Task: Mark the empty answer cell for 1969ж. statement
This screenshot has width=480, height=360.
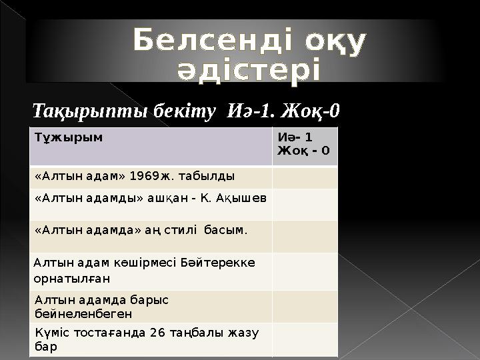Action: point(305,177)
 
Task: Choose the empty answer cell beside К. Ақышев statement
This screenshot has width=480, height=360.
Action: point(305,204)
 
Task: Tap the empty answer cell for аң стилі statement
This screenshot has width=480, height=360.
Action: point(305,236)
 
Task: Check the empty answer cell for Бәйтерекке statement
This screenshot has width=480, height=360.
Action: point(305,270)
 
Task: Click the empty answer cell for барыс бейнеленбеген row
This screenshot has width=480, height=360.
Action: point(305,306)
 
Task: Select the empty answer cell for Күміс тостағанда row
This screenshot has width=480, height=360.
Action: point(305,339)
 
